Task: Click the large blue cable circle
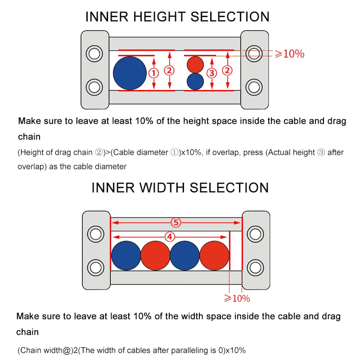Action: pyautogui.click(x=130, y=73)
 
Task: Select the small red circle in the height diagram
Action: pyautogui.click(x=195, y=64)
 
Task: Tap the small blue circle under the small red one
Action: pyautogui.click(x=195, y=81)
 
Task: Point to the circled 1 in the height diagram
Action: pyautogui.click(x=153, y=73)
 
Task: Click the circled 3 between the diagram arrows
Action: pyautogui.click(x=211, y=73)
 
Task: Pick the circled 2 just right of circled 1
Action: pyautogui.click(x=169, y=70)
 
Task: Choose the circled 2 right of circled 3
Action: pyautogui.click(x=228, y=70)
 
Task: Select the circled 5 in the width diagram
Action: pyautogui.click(x=176, y=222)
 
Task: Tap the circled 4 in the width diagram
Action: pyautogui.click(x=170, y=237)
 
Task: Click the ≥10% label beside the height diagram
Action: pyautogui.click(x=289, y=54)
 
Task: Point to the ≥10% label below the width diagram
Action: pyautogui.click(x=237, y=298)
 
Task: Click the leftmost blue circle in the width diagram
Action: pyautogui.click(x=126, y=256)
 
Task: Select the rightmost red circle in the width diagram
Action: pyautogui.click(x=214, y=256)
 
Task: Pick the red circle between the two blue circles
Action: pyautogui.click(x=155, y=256)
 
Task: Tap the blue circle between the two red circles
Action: pyautogui.click(x=184, y=256)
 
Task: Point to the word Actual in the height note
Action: pyautogui.click(x=280, y=152)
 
